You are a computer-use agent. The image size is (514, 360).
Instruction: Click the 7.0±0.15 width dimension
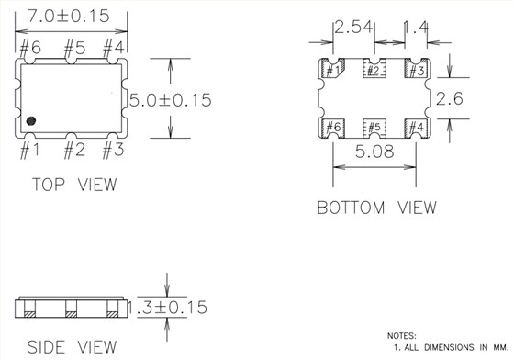pos(71,17)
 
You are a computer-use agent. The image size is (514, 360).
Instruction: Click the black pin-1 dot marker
pos(30,120)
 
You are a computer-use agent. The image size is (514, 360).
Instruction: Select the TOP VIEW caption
pos(74,185)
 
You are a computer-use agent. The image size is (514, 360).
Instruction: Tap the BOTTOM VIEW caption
pos(376,208)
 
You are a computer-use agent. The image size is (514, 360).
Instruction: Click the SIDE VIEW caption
pos(72,347)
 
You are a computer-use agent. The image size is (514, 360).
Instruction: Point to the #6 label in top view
pos(29,47)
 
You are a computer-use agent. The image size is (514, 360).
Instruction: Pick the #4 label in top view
pos(113,47)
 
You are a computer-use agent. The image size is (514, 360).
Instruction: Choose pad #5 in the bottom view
pos(373,127)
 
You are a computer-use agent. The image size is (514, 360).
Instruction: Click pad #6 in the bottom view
pos(331,127)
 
